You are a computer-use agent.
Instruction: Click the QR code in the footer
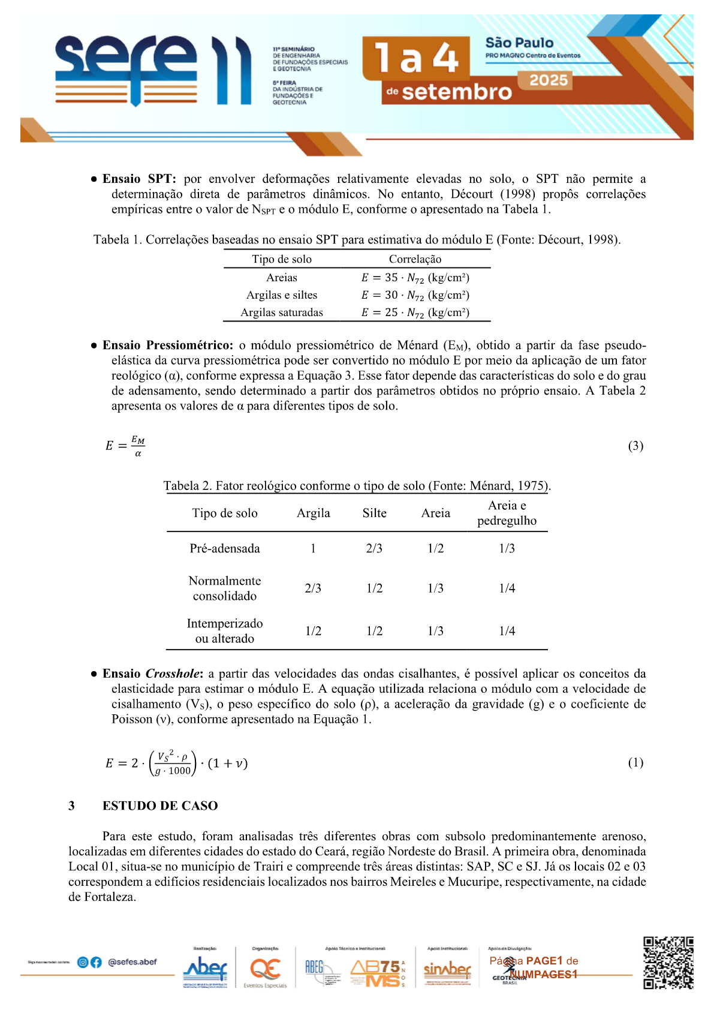point(668,963)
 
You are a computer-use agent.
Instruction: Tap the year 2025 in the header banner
point(549,80)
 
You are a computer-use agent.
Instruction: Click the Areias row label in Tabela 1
point(282,278)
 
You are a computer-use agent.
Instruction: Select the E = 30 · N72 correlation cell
point(415,295)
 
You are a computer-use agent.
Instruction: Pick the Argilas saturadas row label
point(282,312)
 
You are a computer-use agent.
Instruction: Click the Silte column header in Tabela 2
point(374,513)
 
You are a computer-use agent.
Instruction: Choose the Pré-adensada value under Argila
point(313,548)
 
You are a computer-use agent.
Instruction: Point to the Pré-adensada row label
point(225,548)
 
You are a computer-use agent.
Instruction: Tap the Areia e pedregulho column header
point(507,513)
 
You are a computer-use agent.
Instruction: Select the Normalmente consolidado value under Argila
point(313,588)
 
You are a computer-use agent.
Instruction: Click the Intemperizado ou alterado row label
point(225,631)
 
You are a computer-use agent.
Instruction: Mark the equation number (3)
point(635,446)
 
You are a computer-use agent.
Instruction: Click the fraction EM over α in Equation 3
point(138,446)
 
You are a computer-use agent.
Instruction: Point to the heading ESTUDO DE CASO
point(160,805)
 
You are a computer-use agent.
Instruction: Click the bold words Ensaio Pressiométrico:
point(168,345)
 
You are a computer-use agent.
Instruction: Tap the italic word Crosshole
point(172,674)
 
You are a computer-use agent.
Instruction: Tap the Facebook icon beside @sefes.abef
point(96,962)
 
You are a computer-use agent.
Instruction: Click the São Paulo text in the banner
point(519,43)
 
